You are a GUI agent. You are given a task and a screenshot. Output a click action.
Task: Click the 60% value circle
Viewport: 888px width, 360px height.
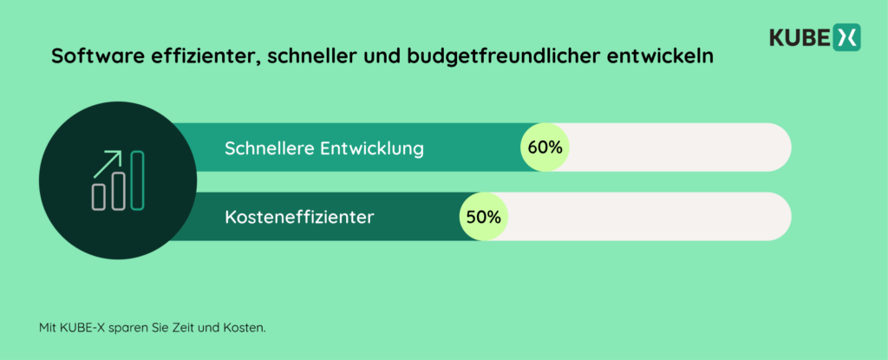545,147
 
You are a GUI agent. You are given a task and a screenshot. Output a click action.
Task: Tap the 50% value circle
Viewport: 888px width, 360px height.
483,217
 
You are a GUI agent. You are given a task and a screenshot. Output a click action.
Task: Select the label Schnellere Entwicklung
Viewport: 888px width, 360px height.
323,148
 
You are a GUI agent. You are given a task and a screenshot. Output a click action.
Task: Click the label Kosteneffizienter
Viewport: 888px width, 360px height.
299,217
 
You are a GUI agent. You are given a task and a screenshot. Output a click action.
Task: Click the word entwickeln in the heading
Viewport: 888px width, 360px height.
669,57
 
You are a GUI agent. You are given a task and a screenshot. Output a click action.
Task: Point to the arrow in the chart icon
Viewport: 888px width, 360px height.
108,160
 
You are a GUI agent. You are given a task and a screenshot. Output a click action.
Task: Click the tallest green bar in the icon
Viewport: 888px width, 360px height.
137,180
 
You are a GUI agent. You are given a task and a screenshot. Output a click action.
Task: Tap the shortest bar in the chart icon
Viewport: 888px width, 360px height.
99,196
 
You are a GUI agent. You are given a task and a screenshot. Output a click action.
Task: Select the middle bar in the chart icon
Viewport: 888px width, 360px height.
118,188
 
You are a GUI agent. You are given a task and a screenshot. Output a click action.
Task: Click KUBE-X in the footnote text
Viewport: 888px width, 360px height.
81,329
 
